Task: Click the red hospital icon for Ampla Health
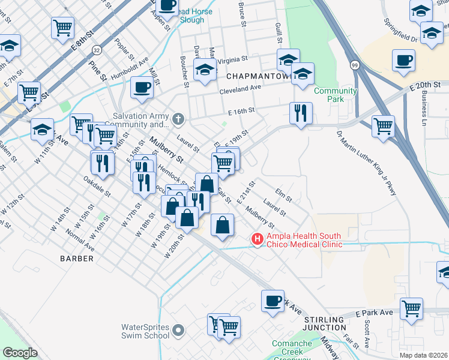tap(258, 239)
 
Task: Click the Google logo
tap(20, 352)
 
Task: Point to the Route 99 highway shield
tap(355, 64)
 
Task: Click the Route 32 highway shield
tap(96, 49)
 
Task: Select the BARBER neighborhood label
tap(77, 259)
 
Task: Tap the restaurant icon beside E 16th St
tap(300, 112)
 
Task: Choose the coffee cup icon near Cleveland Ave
tap(142, 88)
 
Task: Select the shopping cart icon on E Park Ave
tap(412, 308)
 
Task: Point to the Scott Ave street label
tap(366, 335)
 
